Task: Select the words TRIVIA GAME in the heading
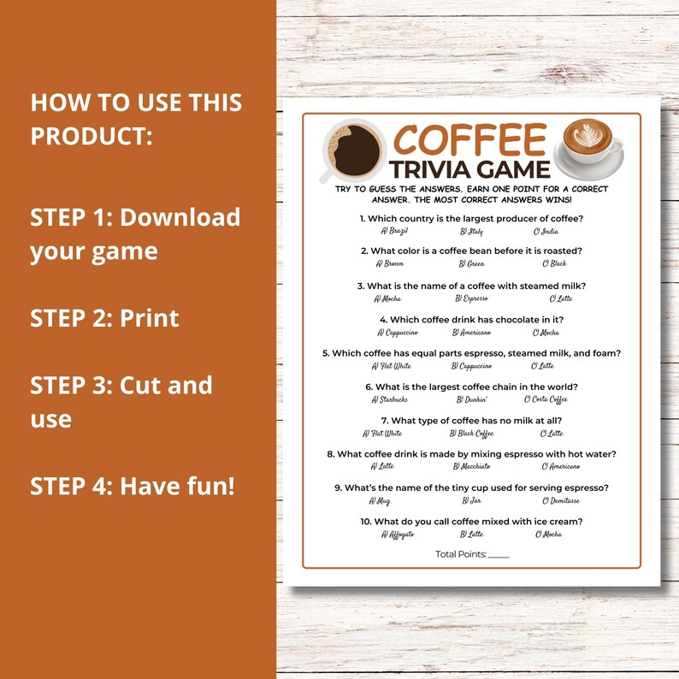470,168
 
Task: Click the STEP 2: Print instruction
104,318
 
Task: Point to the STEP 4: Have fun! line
132,486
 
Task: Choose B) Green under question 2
472,263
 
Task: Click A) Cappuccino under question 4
398,333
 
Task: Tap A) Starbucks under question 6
392,399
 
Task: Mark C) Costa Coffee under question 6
546,399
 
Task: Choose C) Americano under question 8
560,466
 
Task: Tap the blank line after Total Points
499,556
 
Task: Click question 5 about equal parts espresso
471,353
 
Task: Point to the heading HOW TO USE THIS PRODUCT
136,119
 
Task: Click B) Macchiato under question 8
475,466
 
